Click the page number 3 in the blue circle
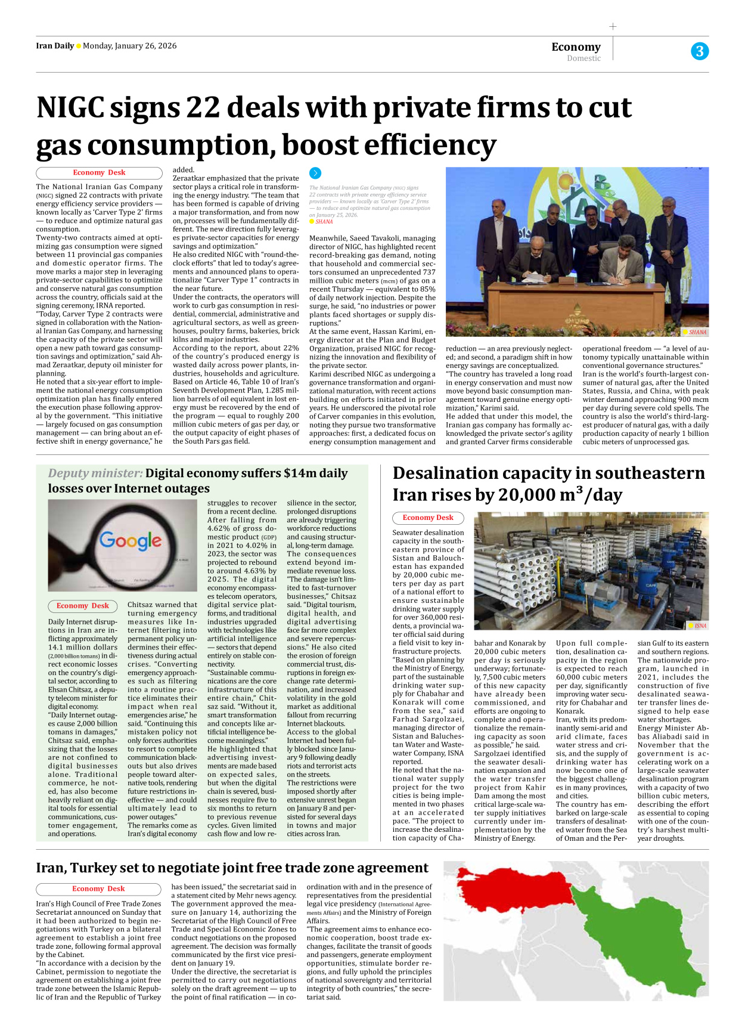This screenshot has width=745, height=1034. pos(700,51)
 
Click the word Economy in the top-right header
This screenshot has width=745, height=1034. pos(576,47)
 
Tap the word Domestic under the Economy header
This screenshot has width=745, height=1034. pos(583,58)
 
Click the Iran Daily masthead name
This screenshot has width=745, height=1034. pos(55,46)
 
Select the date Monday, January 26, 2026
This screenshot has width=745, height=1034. pos(129,46)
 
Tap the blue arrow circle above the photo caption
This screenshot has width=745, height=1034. pos(315,173)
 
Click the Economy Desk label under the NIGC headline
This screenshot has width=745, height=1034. pos(99,173)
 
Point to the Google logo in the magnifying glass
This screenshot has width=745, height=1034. pos(130,540)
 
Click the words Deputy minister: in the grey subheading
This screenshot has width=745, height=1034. pos(95,473)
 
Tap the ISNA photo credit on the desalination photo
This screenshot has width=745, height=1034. pos(700,626)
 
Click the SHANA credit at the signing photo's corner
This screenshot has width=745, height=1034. pos(697,332)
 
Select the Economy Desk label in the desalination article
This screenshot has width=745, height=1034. pos(427,518)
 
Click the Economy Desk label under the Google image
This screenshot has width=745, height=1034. pos(82,606)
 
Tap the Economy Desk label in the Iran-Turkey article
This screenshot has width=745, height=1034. pos(98,889)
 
